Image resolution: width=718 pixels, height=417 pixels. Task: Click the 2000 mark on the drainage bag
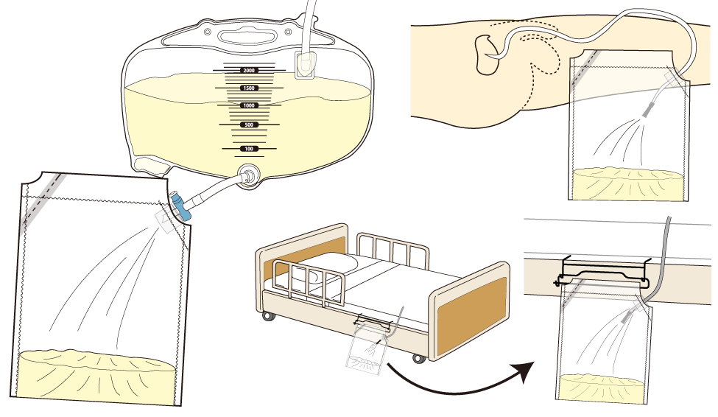coord(249,71)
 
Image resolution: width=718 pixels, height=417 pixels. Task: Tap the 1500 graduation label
coord(249,88)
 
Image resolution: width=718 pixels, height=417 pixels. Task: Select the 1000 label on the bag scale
coord(249,105)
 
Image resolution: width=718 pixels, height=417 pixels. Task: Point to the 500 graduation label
coord(249,125)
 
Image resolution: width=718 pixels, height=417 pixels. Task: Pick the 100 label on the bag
coord(249,149)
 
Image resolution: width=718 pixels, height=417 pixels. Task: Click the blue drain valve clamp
coord(181,206)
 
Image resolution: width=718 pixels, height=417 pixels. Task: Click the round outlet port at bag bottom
coord(249,176)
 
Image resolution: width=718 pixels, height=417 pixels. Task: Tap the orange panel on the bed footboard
coord(472,315)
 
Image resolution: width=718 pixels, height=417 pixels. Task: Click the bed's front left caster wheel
coord(267,315)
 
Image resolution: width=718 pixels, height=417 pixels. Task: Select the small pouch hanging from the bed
coord(366,347)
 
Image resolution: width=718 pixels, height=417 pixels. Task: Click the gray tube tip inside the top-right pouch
coord(650,110)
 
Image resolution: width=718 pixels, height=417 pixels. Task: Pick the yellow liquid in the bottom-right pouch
coord(601,388)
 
